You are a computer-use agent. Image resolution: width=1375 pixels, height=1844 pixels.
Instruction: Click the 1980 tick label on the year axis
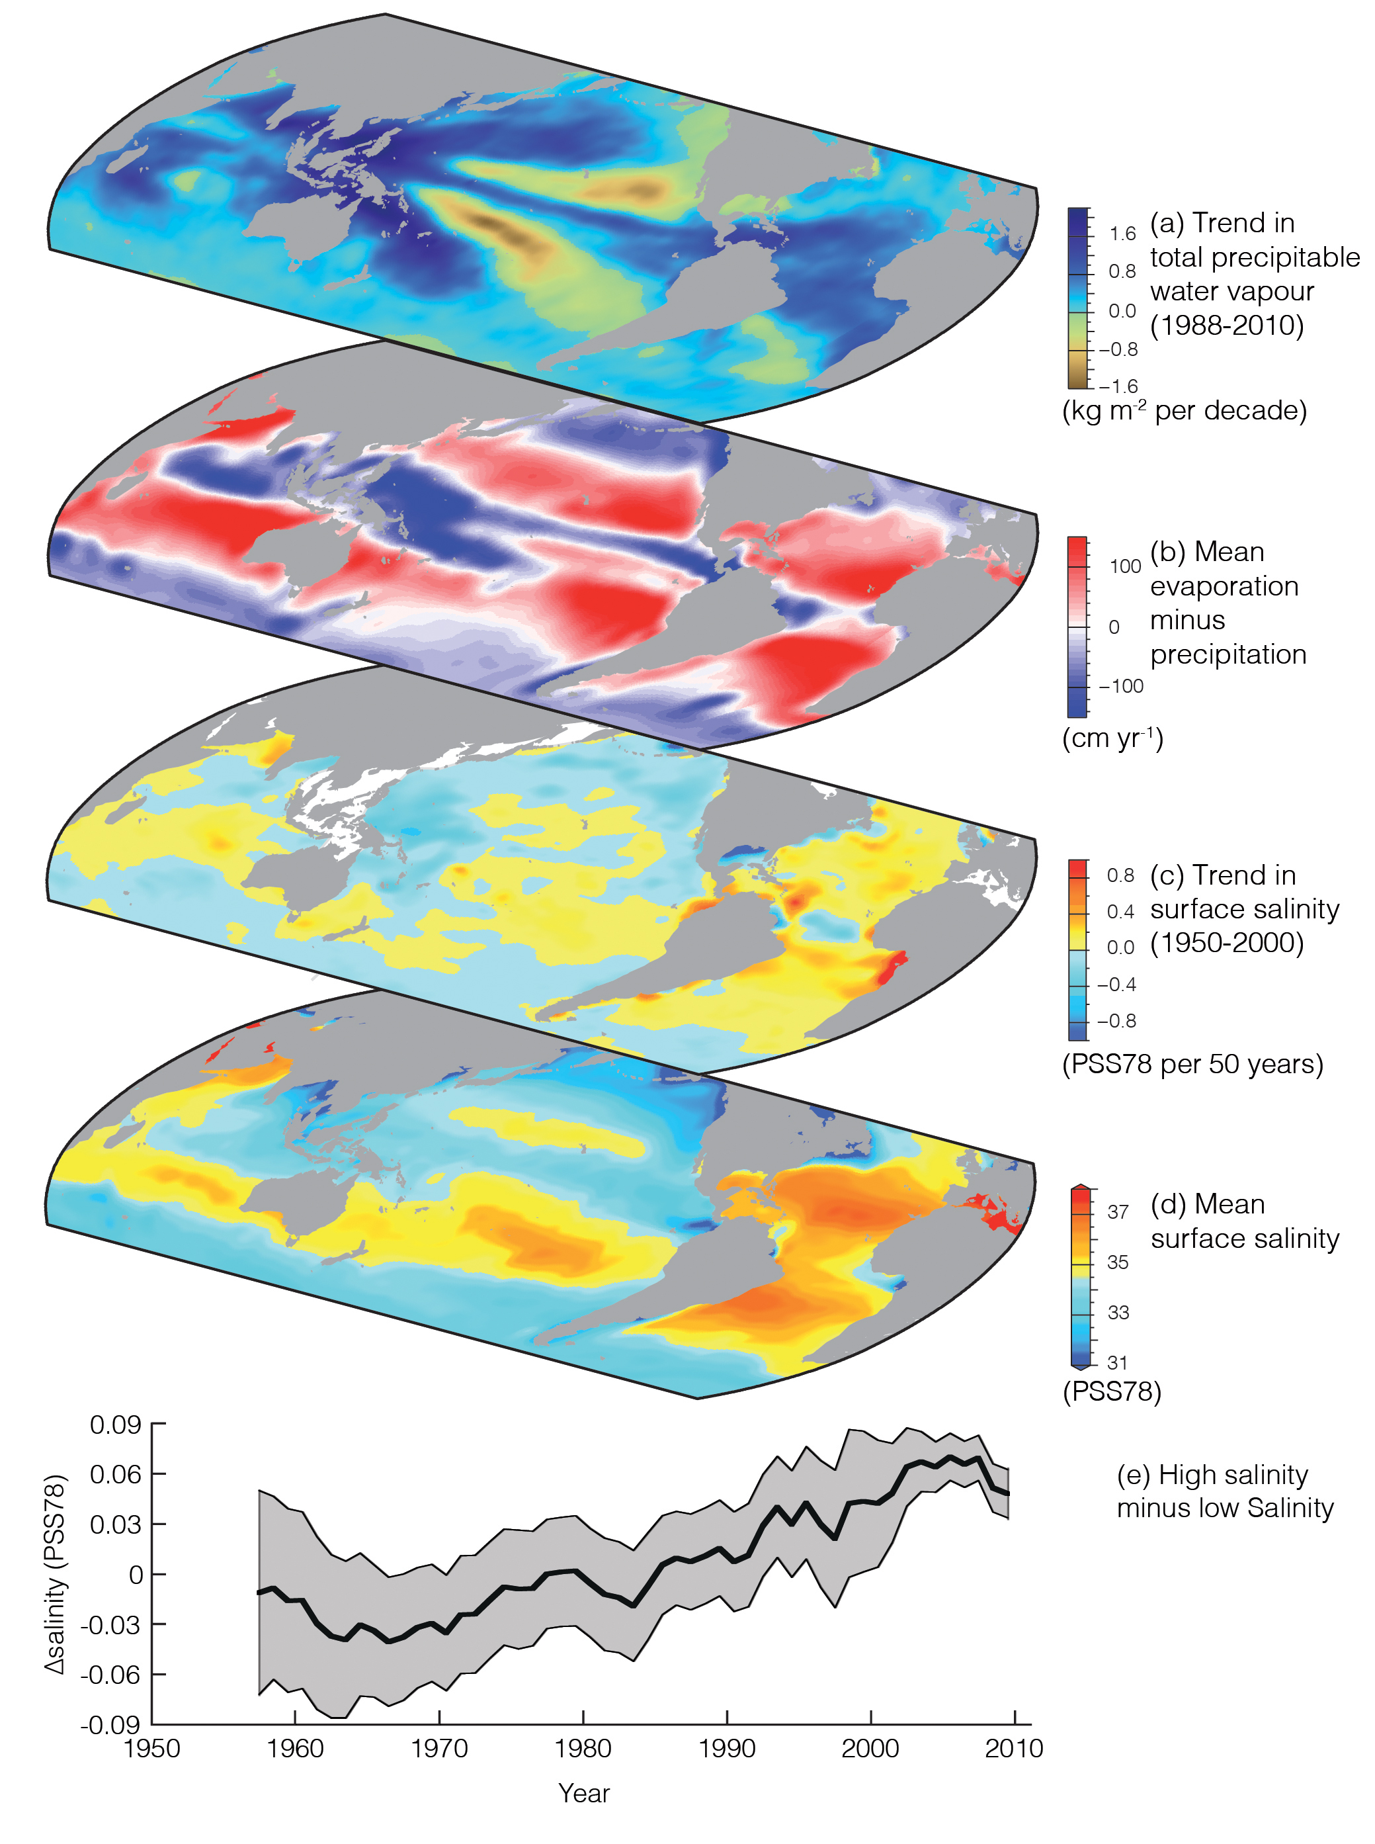tap(583, 1747)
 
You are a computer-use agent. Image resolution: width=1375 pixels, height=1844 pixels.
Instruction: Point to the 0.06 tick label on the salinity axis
tap(116, 1474)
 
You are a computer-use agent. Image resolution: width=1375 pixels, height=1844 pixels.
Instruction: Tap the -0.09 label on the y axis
tap(110, 1724)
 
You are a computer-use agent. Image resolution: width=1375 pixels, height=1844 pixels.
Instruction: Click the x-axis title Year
tap(583, 1793)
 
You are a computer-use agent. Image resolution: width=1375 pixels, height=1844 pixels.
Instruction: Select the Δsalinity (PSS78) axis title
tap(55, 1574)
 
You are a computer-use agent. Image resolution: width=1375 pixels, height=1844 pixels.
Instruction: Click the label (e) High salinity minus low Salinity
tap(1224, 1491)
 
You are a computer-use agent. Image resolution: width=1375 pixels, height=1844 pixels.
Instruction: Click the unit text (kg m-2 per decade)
tap(1185, 410)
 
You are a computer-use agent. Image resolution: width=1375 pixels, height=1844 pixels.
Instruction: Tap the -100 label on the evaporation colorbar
tap(1120, 687)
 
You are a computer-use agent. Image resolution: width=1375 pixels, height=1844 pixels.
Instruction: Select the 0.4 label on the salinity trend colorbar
tap(1120, 912)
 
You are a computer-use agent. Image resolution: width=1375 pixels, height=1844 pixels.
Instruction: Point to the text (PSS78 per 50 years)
tap(1192, 1065)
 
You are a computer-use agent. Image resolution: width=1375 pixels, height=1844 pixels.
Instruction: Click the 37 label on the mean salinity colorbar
tap(1118, 1211)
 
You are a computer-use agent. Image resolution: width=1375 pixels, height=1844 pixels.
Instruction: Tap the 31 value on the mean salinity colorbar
tap(1117, 1363)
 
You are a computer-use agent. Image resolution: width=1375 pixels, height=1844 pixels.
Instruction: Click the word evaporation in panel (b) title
tap(1224, 586)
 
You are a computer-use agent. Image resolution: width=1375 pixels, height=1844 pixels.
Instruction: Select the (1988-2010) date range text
tap(1227, 326)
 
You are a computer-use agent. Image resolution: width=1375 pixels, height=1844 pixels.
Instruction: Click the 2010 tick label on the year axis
tap(1013, 1747)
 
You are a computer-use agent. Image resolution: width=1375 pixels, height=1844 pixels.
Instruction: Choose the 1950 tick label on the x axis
tap(151, 1747)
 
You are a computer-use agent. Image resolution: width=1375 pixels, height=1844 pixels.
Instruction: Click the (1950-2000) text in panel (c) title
tap(1227, 944)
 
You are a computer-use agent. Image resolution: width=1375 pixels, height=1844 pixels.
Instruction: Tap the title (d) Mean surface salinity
tap(1244, 1221)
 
